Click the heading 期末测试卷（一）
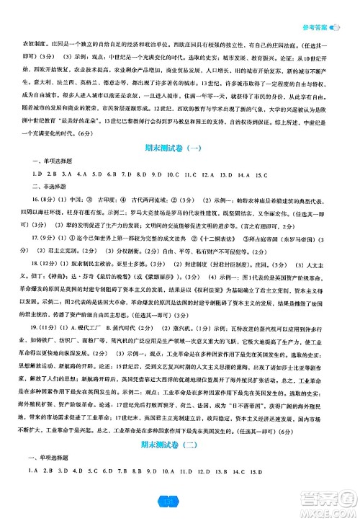click(180, 149)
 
